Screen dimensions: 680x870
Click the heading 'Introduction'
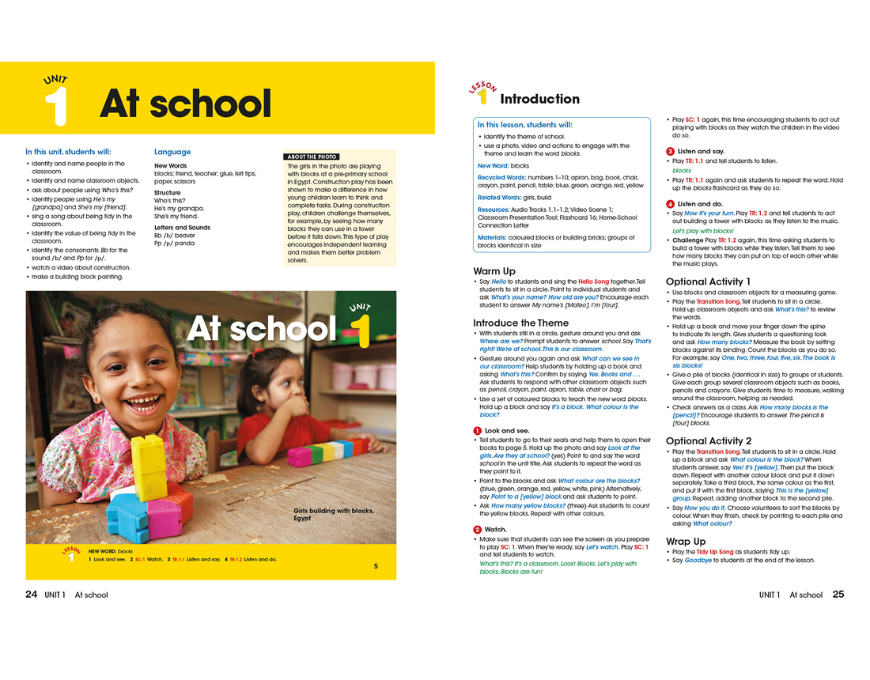pos(540,99)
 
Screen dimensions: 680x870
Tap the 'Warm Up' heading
pos(495,271)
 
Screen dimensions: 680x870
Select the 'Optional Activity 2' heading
pos(709,440)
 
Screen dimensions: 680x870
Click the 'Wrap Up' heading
pos(686,542)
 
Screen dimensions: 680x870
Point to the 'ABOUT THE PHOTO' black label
pos(312,157)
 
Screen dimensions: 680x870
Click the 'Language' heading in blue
pos(172,152)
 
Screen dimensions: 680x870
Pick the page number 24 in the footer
pos(32,595)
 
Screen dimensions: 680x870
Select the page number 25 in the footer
pos(838,595)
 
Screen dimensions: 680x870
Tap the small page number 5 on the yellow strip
pos(376,566)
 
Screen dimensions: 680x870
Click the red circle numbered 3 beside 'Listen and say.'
pos(670,151)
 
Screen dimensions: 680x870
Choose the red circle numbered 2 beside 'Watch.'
pos(478,529)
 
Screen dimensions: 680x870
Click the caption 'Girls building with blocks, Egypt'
pos(333,514)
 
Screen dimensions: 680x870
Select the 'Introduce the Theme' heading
pos(520,323)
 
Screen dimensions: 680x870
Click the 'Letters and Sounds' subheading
pos(182,228)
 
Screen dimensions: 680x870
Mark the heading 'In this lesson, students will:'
pos(524,125)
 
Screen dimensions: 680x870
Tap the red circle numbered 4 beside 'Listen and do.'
pos(670,204)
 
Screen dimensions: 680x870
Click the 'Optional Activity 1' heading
pos(709,281)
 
